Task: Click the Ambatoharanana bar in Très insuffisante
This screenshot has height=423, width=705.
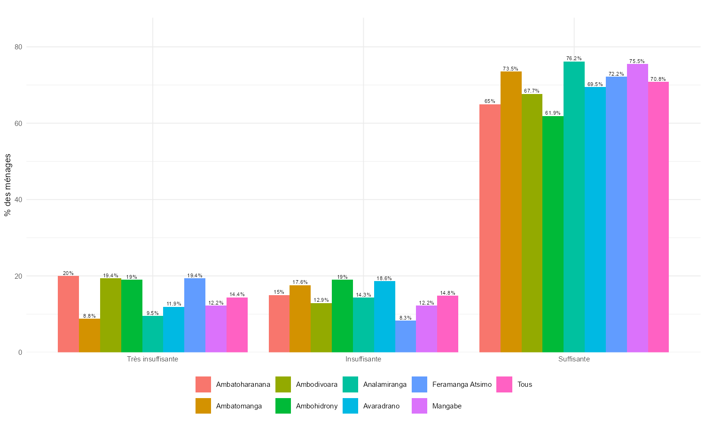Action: click(68, 314)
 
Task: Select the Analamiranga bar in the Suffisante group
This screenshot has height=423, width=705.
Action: click(574, 207)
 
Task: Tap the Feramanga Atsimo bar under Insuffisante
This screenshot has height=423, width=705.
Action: click(406, 337)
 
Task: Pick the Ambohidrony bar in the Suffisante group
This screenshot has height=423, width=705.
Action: click(553, 234)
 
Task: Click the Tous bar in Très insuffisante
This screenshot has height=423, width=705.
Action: click(237, 325)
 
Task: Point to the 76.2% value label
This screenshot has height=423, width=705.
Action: click(574, 59)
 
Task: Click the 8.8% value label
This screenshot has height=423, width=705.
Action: click(89, 316)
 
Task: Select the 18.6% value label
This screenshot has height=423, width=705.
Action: click(384, 278)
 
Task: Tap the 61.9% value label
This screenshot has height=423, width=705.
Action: click(553, 113)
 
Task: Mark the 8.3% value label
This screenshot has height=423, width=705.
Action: click(406, 318)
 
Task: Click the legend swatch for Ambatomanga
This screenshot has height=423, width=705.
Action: click(204, 406)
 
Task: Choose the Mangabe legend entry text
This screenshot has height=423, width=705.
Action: click(446, 406)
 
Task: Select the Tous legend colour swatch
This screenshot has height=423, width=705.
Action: click(504, 384)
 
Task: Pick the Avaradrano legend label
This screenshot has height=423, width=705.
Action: click(381, 406)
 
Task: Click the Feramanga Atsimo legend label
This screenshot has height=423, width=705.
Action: click(462, 384)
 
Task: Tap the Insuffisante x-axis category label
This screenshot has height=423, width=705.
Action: click(363, 359)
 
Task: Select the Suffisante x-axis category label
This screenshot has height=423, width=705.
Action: click(574, 359)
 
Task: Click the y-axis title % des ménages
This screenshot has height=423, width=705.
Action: click(8, 185)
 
